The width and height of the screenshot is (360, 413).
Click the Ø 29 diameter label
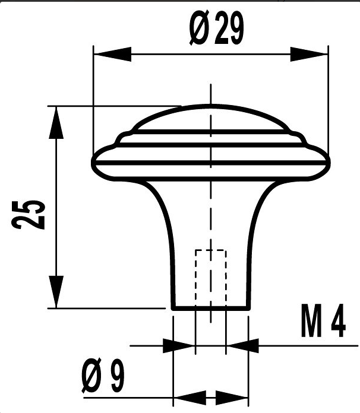tap(216, 28)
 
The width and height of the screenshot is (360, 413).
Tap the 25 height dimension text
tap(29, 215)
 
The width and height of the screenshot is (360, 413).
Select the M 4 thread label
tap(323, 320)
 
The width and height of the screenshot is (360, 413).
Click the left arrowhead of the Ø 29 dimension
tap(112, 54)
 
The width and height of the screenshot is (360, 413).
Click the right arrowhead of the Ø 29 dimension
tap(309, 54)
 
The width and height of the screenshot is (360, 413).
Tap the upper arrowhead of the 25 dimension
tap(56, 122)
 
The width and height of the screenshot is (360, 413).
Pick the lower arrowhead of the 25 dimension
tap(56, 292)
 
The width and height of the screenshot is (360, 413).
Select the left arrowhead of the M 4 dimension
tap(179, 345)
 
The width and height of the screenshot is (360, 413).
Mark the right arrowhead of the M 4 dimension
tap(242, 345)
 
